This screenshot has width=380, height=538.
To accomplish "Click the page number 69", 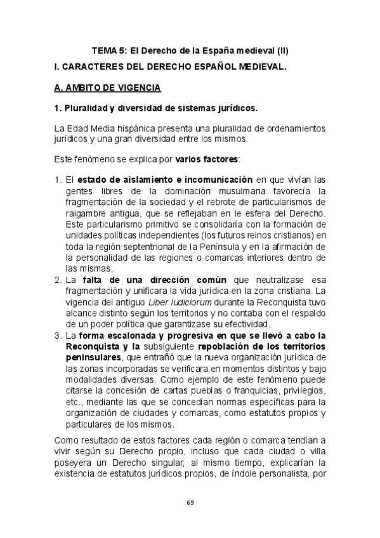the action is pos(190,502).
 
